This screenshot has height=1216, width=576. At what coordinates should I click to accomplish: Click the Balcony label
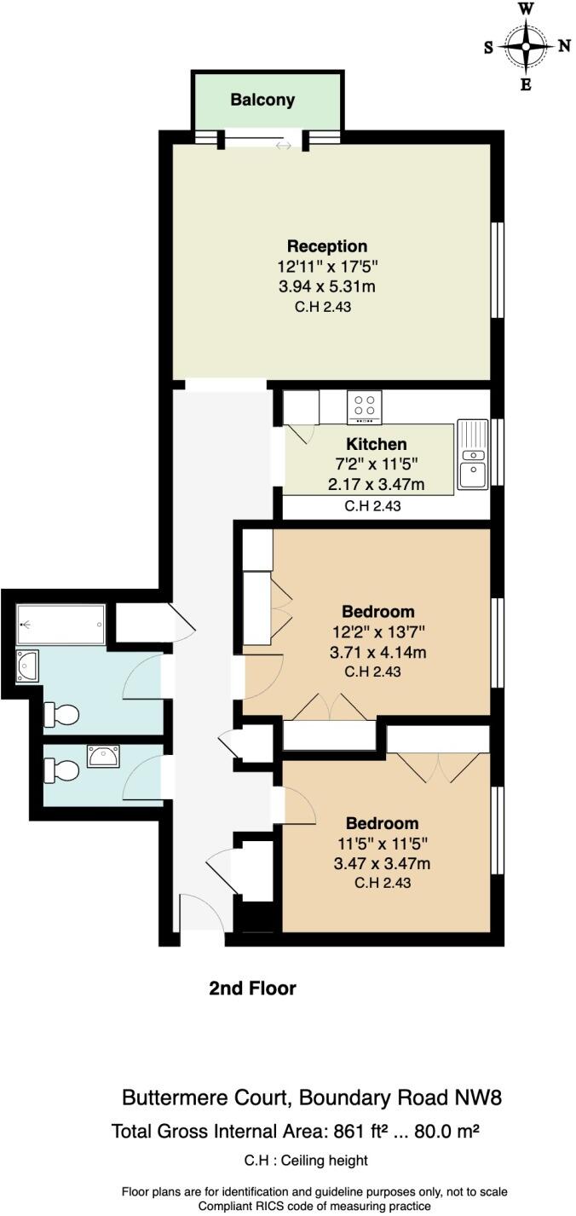coord(262,100)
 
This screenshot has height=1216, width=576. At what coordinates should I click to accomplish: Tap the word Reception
coord(327,246)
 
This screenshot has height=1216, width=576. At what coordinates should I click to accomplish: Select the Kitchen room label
coord(377,444)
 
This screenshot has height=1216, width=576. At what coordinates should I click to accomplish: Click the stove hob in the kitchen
coord(365,407)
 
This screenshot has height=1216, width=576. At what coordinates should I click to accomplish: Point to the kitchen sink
coord(472,454)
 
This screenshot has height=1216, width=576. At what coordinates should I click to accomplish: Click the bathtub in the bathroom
coord(60,625)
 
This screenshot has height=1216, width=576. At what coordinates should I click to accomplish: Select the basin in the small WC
coord(104,756)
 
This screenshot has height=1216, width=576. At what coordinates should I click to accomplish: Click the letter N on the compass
coord(563,47)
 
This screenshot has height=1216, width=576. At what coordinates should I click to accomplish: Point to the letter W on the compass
coord(526,9)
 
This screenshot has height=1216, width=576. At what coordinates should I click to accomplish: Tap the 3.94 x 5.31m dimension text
coord(327,286)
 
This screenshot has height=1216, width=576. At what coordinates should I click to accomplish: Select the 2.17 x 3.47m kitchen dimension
coord(377,484)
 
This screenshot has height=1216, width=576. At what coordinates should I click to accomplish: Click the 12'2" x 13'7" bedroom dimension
coord(377,632)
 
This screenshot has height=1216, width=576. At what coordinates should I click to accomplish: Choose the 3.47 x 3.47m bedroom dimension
coord(382,863)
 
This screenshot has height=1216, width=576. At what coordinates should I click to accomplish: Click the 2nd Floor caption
coord(252,988)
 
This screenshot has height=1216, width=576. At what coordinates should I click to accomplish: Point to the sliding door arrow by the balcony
coord(284,146)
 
